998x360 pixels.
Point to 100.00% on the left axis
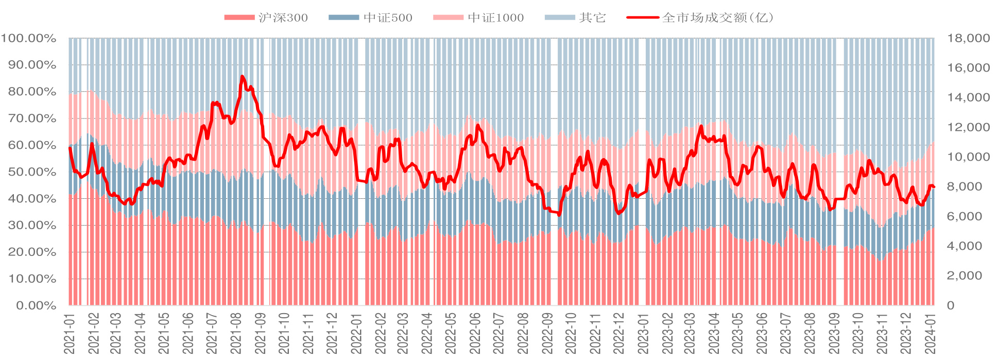(29, 38)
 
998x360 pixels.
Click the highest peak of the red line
(242, 77)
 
